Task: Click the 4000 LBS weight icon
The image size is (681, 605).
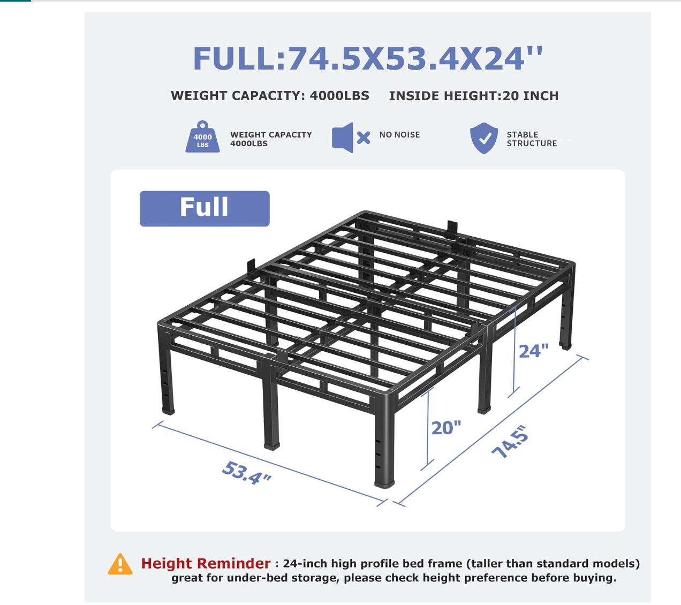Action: pyautogui.click(x=203, y=137)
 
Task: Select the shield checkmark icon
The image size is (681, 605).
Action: pyautogui.click(x=483, y=138)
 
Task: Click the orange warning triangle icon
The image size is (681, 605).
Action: pyautogui.click(x=120, y=564)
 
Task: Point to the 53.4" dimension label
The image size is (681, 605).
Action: pyautogui.click(x=246, y=473)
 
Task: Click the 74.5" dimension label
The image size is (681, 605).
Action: pyautogui.click(x=510, y=442)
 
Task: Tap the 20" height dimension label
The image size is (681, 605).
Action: pyautogui.click(x=446, y=428)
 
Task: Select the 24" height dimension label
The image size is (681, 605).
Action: pyautogui.click(x=534, y=351)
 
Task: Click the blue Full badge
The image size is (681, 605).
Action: pyautogui.click(x=205, y=208)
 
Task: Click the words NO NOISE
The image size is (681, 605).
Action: pyautogui.click(x=399, y=135)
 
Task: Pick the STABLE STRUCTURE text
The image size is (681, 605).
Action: pyautogui.click(x=532, y=139)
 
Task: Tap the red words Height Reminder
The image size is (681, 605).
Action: pyautogui.click(x=206, y=564)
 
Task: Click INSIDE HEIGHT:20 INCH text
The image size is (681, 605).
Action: pyautogui.click(x=474, y=96)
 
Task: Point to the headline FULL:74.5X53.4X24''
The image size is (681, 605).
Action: pyautogui.click(x=368, y=58)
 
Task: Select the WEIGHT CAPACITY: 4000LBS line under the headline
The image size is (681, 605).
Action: pyautogui.click(x=270, y=96)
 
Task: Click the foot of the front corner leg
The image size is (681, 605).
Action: pyautogui.click(x=384, y=485)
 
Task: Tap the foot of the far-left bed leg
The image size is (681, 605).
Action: pyautogui.click(x=168, y=411)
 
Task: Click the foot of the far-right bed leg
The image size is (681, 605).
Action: pyautogui.click(x=565, y=346)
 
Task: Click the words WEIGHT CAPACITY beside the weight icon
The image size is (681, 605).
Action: pyautogui.click(x=271, y=135)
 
